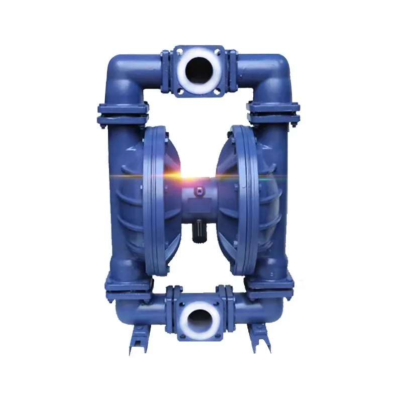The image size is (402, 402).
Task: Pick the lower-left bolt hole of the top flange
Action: [178, 90]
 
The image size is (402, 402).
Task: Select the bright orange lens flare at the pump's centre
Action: [193, 176]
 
